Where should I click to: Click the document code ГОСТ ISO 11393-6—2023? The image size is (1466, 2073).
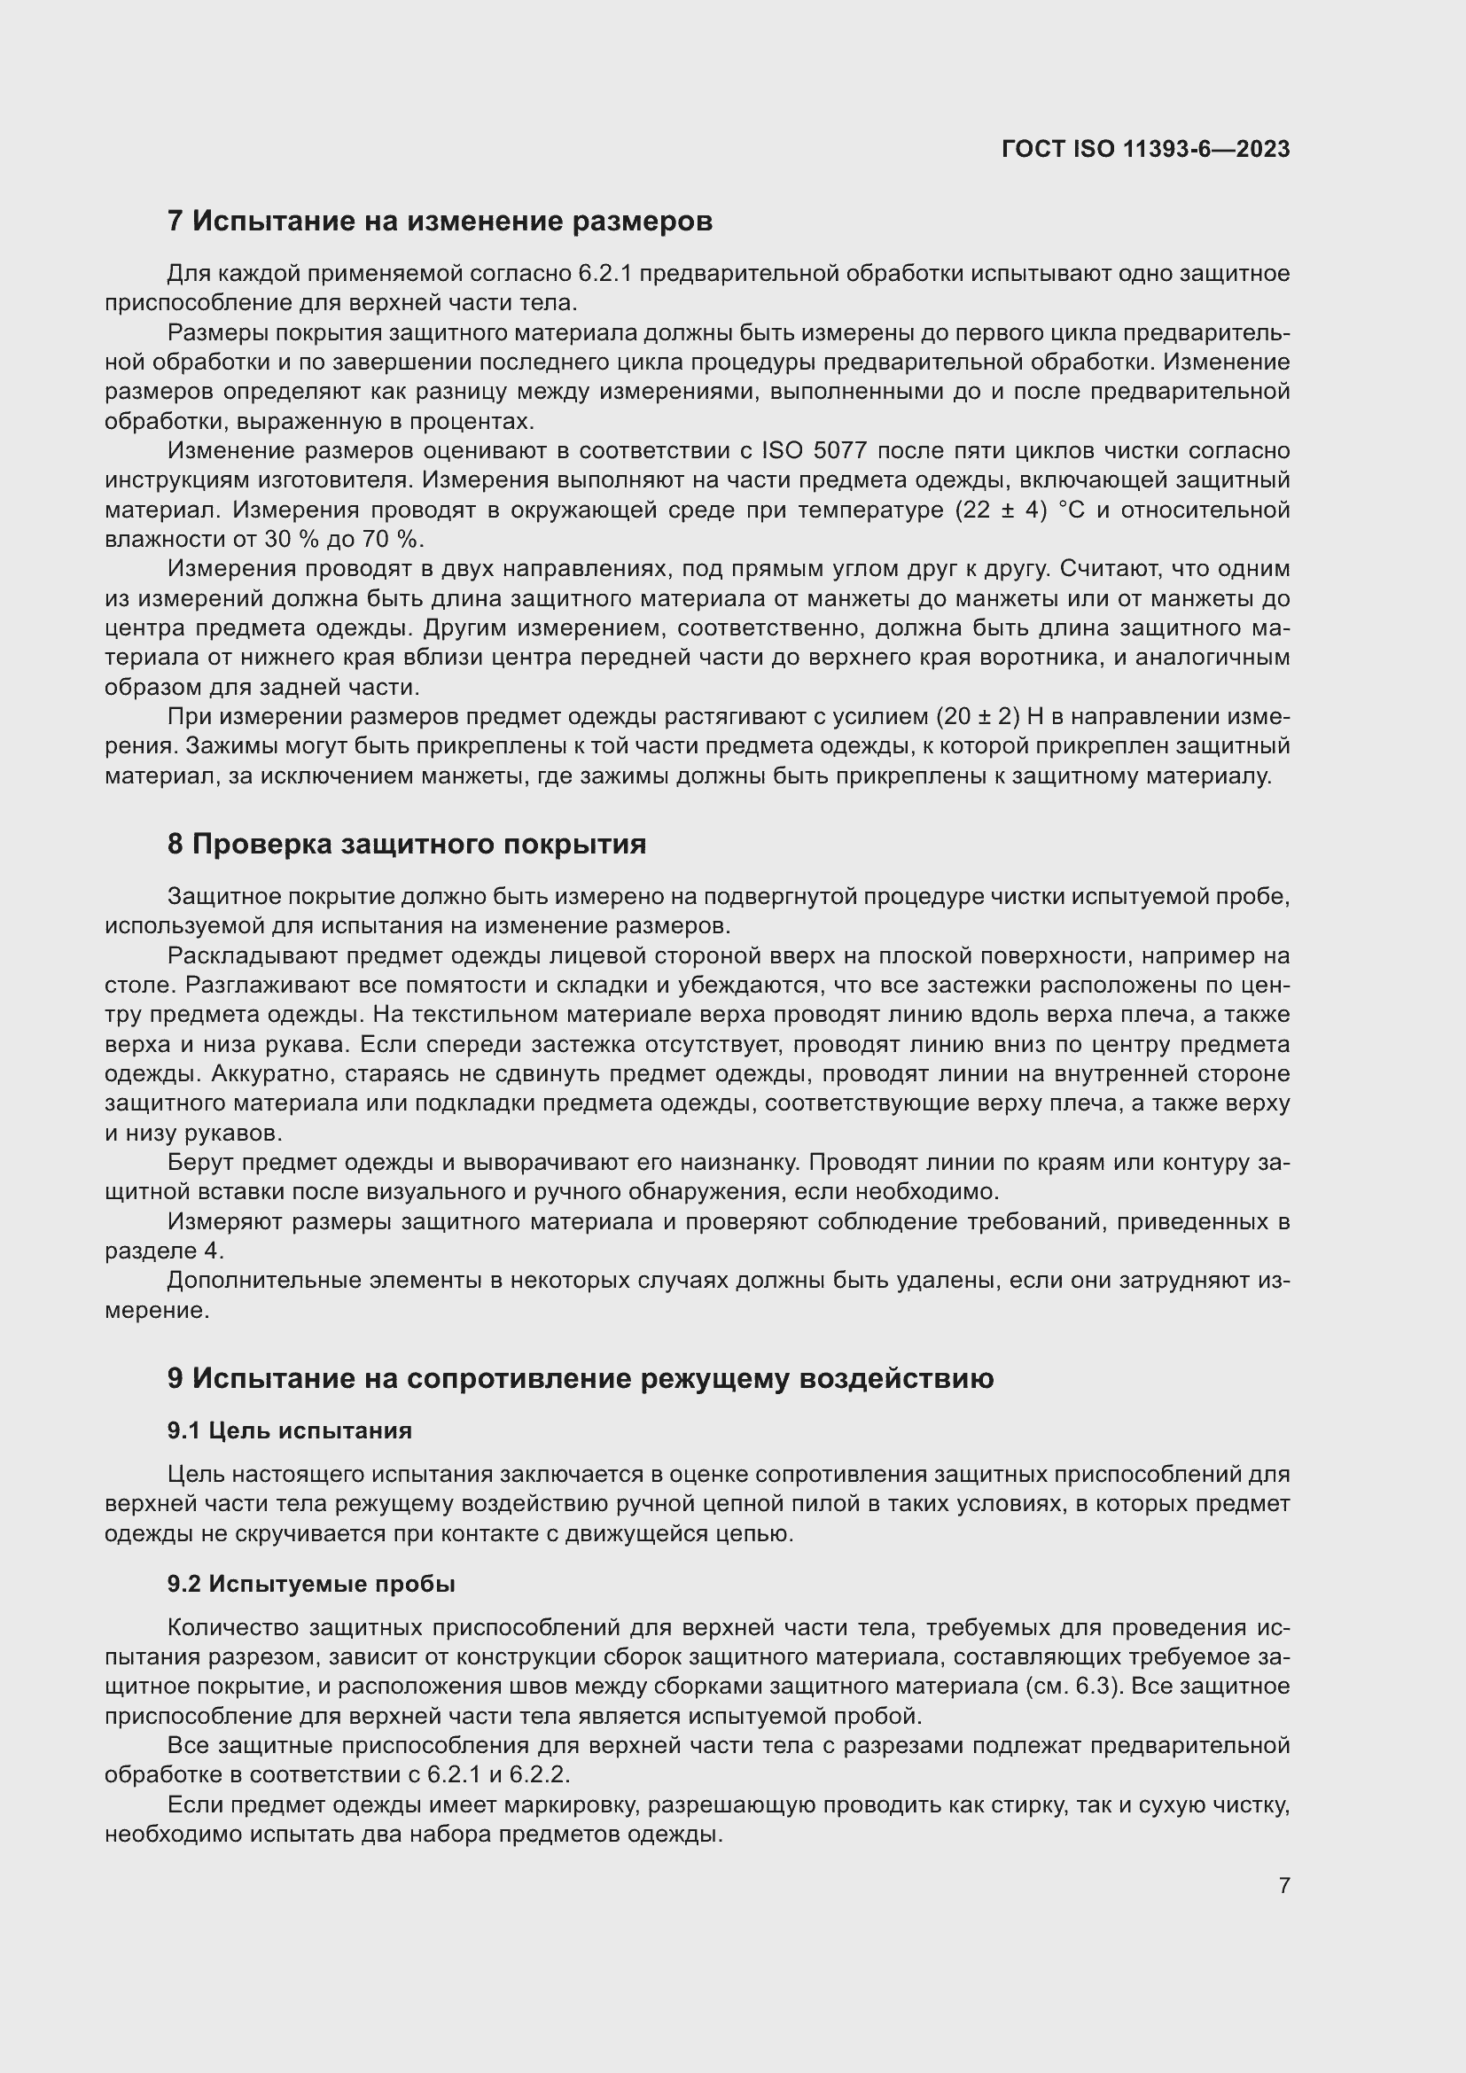[1144, 149]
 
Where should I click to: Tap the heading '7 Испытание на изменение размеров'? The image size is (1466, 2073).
[440, 222]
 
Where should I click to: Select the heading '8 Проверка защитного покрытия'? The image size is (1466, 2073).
[406, 845]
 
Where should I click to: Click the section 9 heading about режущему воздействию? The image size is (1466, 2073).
[580, 1379]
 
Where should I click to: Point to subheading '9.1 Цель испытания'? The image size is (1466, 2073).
[289, 1430]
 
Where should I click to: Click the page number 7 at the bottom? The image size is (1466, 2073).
[1283, 1885]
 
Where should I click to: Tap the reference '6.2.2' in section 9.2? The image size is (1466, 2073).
[540, 1775]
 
